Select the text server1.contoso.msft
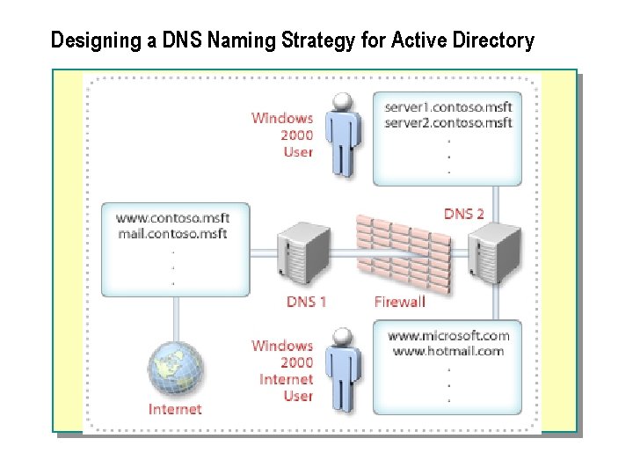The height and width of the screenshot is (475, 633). (448, 107)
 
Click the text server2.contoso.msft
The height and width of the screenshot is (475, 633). (448, 123)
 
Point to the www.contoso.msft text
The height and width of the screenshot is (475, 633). (172, 218)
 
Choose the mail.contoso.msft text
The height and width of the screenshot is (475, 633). (172, 234)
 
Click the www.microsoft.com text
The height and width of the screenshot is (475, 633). (448, 335)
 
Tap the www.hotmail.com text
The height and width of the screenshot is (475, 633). (448, 351)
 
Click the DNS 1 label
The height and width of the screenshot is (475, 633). (307, 302)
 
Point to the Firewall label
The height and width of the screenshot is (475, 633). (399, 302)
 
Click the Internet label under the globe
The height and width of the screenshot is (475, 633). (175, 409)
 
